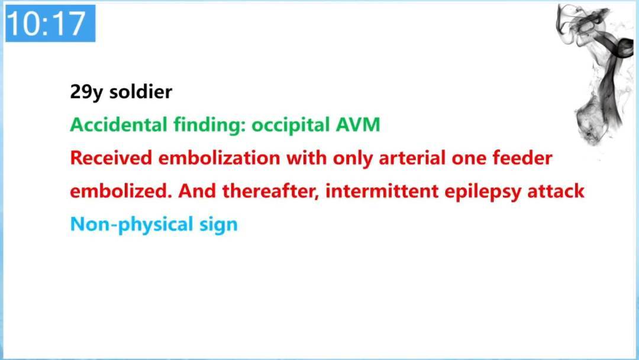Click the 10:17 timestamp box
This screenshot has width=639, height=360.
pos(50,23)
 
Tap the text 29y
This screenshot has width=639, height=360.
pos(86,92)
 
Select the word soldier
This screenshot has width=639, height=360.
pos(141,91)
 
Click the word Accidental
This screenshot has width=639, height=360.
pos(118,124)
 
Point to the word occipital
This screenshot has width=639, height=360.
pos(290,125)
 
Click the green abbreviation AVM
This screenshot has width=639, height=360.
pos(358,125)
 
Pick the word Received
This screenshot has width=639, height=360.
pos(111,157)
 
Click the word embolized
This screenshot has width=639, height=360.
pos(121,191)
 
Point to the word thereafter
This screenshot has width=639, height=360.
pos(270,191)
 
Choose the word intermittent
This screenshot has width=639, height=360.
pos(382,191)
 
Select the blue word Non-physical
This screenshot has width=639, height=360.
pos(131,224)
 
